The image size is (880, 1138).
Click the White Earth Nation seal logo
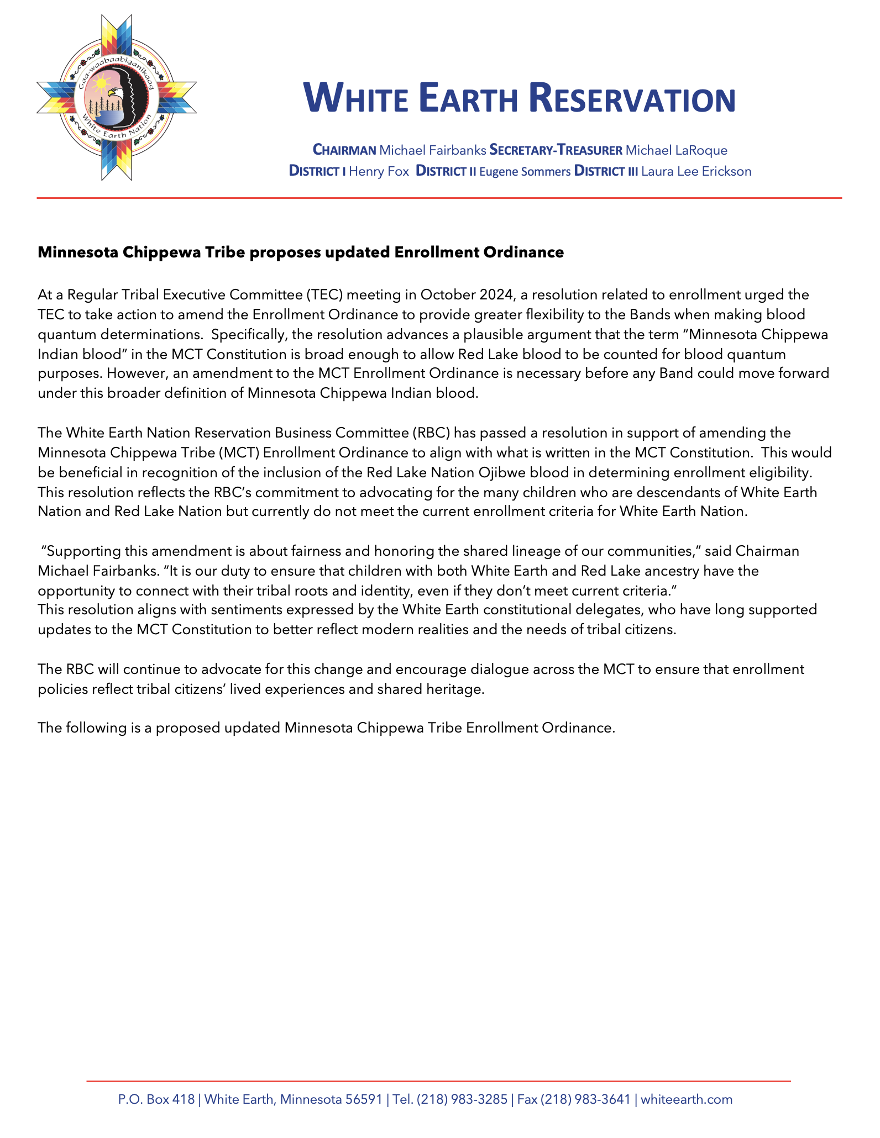[117, 98]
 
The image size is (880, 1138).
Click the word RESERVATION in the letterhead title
[632, 99]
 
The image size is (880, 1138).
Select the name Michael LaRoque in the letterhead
[676, 150]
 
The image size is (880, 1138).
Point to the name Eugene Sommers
[525, 171]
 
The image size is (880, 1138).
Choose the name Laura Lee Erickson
[696, 171]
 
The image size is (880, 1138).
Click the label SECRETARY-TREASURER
[556, 150]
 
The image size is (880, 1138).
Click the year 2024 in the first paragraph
[498, 294]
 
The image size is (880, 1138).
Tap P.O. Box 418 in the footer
[156, 1099]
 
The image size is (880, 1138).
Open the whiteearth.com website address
[687, 1099]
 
